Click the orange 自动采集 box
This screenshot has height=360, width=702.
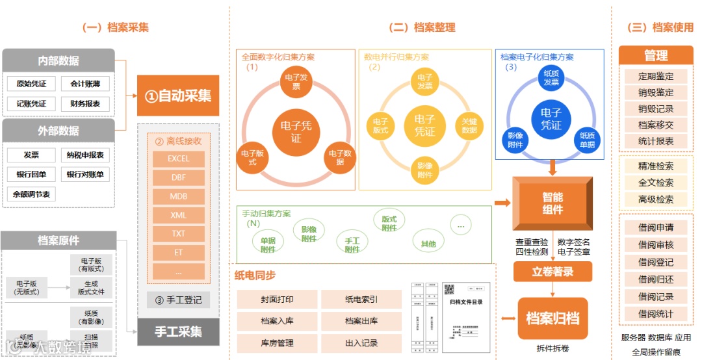[177, 96]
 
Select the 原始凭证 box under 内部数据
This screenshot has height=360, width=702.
[31, 84]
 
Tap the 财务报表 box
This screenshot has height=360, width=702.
[85, 104]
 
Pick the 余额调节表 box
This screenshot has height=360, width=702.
[31, 194]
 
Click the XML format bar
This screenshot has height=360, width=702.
[178, 215]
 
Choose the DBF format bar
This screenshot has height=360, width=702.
[178, 177]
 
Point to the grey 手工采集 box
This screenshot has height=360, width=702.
[177, 331]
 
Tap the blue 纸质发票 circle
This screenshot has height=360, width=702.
[551, 78]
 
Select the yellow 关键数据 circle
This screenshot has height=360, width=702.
[469, 126]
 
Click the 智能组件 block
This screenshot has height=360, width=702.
[552, 202]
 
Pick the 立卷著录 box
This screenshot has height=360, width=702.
[552, 272]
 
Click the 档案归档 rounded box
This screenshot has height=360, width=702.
[552, 318]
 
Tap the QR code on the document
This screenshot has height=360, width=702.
[448, 290]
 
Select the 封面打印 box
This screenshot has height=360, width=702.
[277, 299]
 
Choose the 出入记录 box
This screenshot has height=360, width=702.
[361, 342]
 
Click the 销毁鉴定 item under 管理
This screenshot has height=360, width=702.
[655, 93]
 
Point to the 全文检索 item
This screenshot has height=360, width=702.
[655, 183]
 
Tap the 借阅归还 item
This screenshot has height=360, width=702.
[655, 279]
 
